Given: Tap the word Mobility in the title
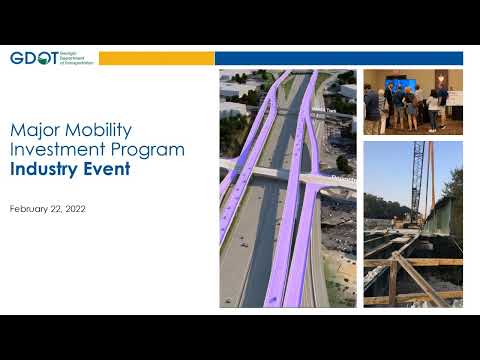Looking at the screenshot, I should (x=99, y=131).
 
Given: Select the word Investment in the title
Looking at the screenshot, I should (x=59, y=150).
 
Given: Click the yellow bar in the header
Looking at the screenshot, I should (x=156, y=58).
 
